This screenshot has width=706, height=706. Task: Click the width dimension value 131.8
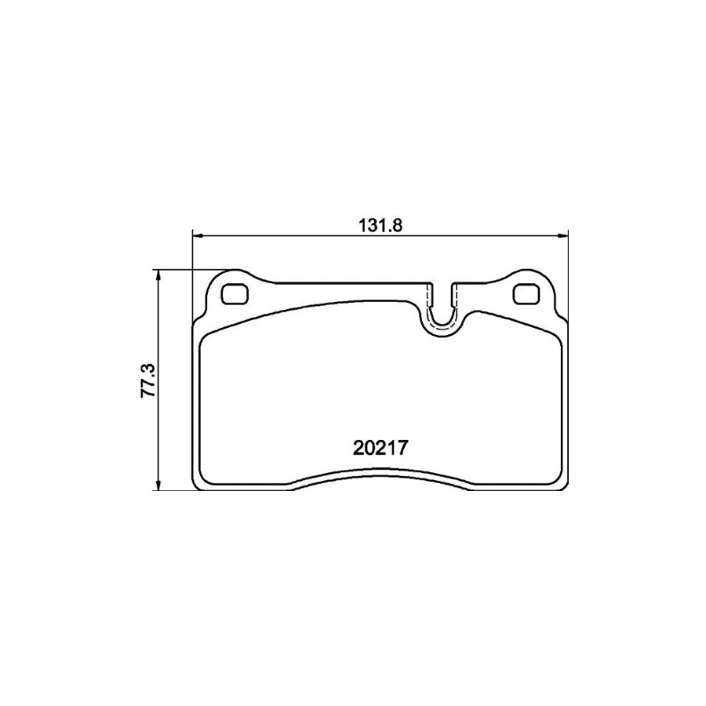(x=380, y=224)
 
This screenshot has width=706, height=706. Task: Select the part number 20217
(x=380, y=448)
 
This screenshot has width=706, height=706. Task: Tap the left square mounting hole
(x=234, y=294)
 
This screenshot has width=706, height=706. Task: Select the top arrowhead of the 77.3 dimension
(x=159, y=275)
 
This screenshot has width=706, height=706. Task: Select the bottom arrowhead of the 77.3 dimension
(x=159, y=486)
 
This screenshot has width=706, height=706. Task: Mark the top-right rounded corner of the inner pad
(x=552, y=337)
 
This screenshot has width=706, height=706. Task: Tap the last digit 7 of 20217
(x=406, y=448)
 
